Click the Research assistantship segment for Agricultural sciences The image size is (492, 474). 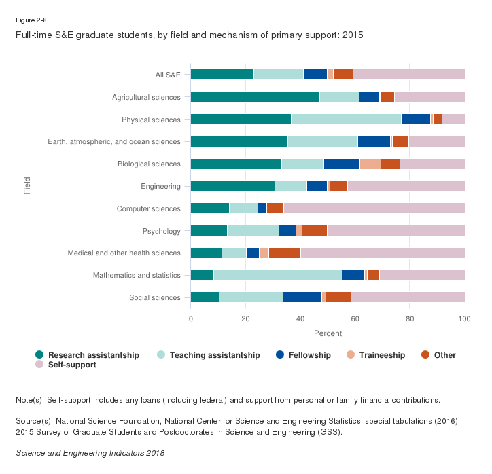(255, 97)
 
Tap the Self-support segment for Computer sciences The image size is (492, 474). (374, 208)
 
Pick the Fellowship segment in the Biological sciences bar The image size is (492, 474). (341, 164)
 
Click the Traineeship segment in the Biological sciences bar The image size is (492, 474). (370, 164)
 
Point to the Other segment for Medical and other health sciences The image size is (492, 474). (284, 253)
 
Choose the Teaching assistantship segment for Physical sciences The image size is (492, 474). (346, 120)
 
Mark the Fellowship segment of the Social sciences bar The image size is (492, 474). (302, 297)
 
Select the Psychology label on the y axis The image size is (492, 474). (162, 231)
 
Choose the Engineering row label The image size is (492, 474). (161, 186)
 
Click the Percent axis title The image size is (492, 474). (328, 333)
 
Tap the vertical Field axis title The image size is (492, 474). (27, 186)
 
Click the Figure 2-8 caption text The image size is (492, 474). (32, 19)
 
